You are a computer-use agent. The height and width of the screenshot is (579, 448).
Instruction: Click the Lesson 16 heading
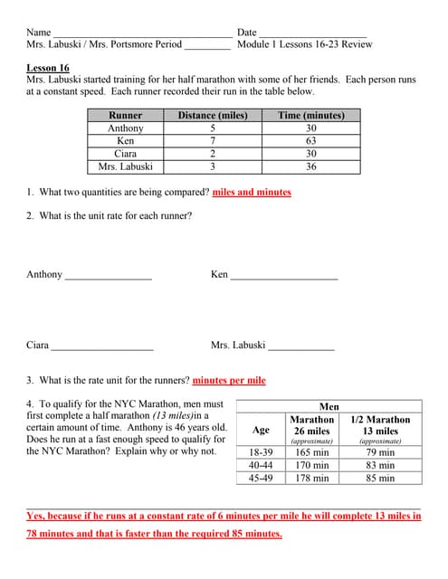48,68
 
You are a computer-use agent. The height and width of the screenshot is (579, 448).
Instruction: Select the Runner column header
125,116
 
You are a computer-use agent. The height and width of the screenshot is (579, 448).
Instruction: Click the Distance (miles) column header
212,116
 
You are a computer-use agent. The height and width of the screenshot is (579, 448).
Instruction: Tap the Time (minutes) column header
310,116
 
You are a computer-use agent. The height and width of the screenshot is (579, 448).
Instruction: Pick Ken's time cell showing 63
310,141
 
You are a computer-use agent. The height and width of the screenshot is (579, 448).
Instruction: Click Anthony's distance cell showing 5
212,128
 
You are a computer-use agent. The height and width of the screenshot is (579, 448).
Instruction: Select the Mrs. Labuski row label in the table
125,166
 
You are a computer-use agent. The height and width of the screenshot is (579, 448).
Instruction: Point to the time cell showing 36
310,166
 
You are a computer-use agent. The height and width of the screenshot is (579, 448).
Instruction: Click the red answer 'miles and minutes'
251,192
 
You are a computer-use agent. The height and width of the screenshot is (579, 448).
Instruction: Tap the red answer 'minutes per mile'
229,380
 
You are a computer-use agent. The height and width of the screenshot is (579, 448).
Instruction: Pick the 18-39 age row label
261,451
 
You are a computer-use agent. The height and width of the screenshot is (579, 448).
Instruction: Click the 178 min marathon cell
312,478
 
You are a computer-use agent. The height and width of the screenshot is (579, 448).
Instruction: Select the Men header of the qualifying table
329,407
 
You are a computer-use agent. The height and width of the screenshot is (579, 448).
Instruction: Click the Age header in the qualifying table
261,430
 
